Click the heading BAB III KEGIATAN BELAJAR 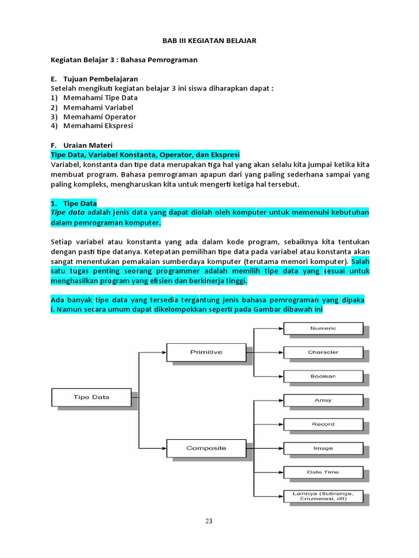coord(210,41)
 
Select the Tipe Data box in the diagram coord(91,397)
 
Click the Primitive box coord(206,352)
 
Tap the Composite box coord(206,448)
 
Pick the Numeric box coord(323,329)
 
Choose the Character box coord(323,353)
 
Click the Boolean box coord(323,377)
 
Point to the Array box coord(323,401)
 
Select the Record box coord(323,424)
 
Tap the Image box coord(323,448)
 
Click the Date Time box coord(323,472)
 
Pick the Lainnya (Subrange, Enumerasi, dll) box coord(323,496)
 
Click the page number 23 coord(209,521)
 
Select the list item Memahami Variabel coord(98,107)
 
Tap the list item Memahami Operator coord(99,117)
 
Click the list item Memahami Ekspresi coord(98,126)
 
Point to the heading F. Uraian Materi coord(81,145)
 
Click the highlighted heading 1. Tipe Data coord(74,203)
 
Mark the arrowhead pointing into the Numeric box coord(280,329)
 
